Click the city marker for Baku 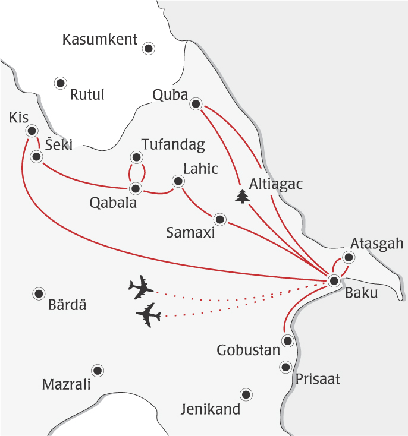coord(334,281)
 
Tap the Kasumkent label coord(100,40)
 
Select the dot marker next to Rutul coord(60,83)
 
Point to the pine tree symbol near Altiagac coord(241,196)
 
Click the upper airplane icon coord(141,287)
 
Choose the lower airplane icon coord(148,315)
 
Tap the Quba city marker coord(195,105)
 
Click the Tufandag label coord(174,144)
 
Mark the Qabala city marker coord(136,189)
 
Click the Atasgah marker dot coord(349,257)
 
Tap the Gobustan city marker coord(288,341)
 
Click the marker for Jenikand coord(245,394)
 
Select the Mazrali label coord(66,385)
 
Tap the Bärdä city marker coord(39,293)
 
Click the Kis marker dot coord(32,130)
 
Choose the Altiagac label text coord(277,185)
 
